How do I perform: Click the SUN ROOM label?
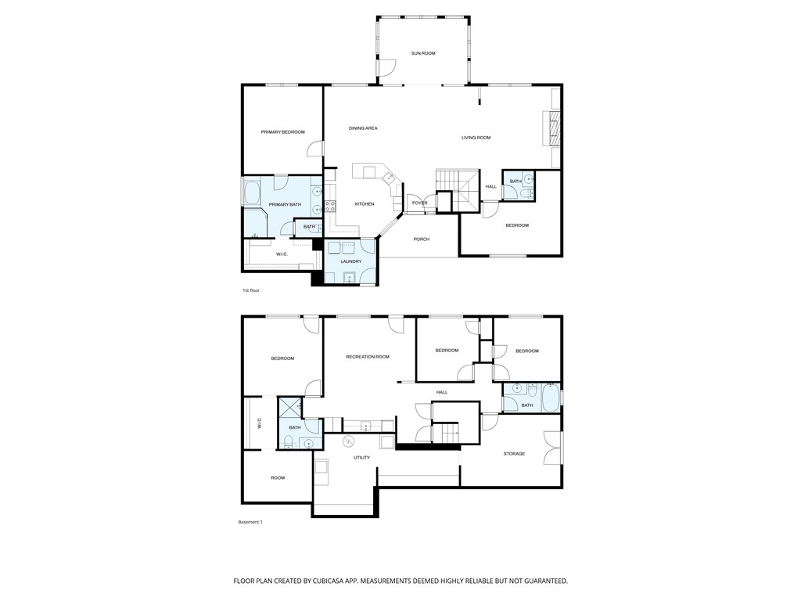423,53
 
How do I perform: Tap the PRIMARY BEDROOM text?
282,131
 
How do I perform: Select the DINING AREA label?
363,128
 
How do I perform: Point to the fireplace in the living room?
552,128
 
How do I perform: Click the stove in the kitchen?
330,207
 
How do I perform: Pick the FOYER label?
420,203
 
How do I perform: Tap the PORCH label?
422,239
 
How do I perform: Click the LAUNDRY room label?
350,261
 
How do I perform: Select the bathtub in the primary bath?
253,193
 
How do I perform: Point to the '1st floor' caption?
250,290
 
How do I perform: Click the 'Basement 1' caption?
250,522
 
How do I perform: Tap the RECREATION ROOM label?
368,357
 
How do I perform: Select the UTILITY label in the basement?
361,458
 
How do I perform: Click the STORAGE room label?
514,454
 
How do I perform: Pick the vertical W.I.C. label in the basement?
259,423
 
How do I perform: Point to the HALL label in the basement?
442,392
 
